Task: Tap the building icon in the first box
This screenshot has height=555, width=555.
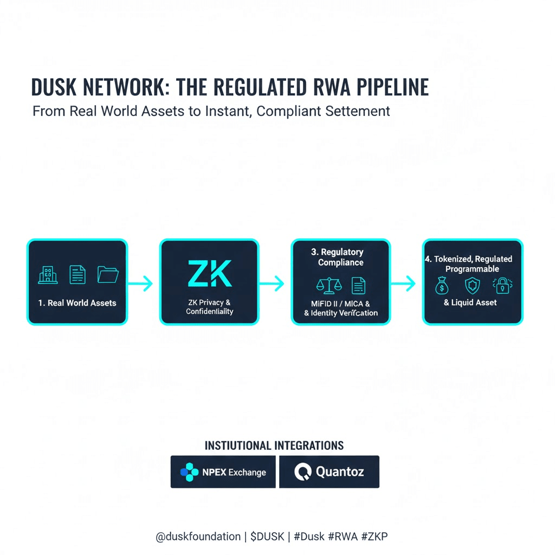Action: tap(48, 275)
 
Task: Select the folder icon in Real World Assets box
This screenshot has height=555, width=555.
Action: tap(108, 274)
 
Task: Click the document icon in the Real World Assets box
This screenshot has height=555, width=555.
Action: tap(78, 275)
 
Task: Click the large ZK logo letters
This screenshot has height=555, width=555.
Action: tap(209, 273)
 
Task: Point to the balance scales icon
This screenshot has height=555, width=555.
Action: tap(326, 286)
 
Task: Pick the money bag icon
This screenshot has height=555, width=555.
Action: tap(442, 286)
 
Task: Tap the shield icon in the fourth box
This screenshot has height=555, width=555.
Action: tap(472, 286)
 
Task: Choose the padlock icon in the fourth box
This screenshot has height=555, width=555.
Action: tap(501, 286)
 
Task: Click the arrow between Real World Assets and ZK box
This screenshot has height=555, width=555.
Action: tap(143, 283)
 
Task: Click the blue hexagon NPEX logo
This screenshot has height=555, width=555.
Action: tap(189, 472)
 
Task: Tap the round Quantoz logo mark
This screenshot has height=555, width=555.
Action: tap(303, 472)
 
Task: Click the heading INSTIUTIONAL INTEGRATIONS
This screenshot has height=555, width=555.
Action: tap(274, 446)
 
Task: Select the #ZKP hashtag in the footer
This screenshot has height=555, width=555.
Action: tap(374, 537)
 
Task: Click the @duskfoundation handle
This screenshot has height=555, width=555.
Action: tap(198, 537)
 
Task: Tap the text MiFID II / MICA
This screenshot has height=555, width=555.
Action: tap(340, 304)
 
